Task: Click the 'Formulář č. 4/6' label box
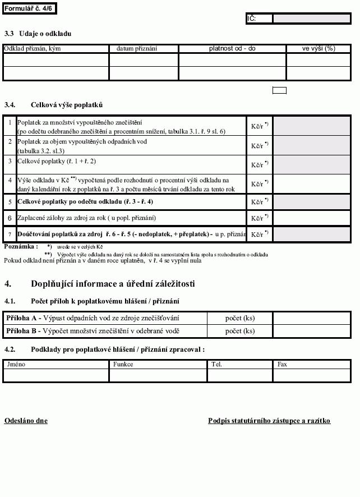tap(29, 8)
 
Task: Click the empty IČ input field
tap(311, 19)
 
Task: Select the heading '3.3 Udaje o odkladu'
tap(38, 34)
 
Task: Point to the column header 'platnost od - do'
tap(232, 49)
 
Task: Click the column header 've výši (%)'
tap(318, 49)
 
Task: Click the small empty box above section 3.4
tap(279, 90)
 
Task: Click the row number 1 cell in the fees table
tap(10, 122)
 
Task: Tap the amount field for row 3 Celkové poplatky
tap(312, 164)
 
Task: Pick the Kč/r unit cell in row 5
tap(259, 202)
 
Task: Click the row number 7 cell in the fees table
tap(10, 234)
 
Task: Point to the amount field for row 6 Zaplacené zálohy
tap(312, 218)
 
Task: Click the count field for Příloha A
tap(312, 318)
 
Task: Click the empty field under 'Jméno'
tap(56, 375)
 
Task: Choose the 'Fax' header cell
tap(312, 364)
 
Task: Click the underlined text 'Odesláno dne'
tap(26, 421)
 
